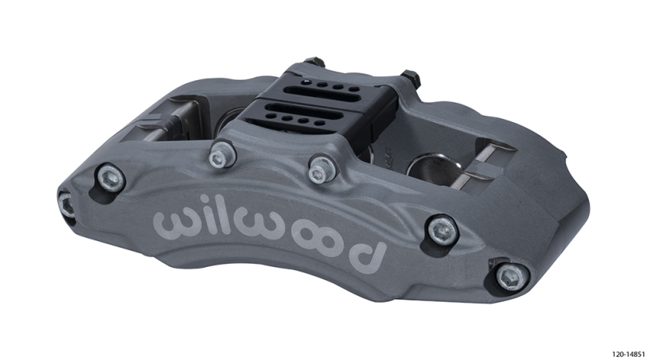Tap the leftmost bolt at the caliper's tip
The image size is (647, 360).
66,204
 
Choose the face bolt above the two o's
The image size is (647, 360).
318,167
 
